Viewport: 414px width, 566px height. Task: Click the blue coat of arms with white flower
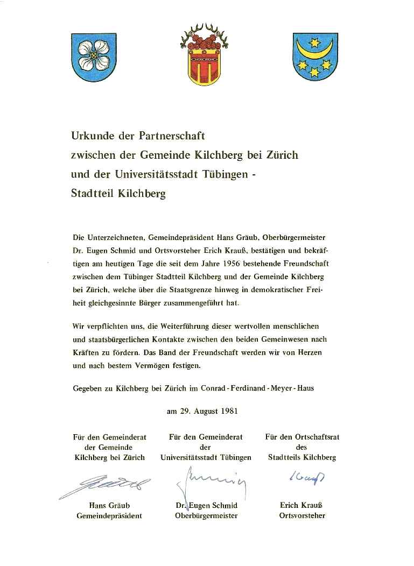pos(95,56)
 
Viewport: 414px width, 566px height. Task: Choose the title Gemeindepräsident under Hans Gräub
pos(109,515)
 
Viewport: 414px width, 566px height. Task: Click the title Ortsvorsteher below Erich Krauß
pos(302,515)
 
